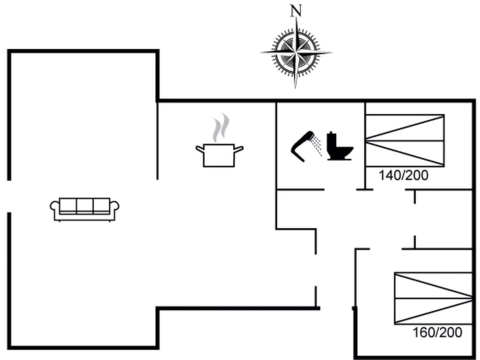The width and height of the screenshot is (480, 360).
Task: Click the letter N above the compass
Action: click(296, 11)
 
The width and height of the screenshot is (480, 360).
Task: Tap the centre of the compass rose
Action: click(296, 53)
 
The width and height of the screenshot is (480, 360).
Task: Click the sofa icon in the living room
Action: click(85, 209)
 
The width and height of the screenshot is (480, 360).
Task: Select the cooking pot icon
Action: click(219, 155)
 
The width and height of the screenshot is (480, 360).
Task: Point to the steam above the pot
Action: click(221, 128)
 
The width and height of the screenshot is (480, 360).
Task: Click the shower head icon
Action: click(302, 146)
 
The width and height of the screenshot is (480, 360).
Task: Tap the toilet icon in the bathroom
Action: click(339, 146)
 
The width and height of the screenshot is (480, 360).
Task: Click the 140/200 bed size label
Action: click(403, 175)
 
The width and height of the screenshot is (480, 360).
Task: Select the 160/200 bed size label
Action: click(437, 333)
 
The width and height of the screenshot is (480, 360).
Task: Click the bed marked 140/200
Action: click(405, 140)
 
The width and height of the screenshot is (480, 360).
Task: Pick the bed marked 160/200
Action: click(433, 298)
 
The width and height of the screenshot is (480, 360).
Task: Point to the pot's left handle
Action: click(200, 149)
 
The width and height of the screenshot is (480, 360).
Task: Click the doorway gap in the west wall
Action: click(9, 196)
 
